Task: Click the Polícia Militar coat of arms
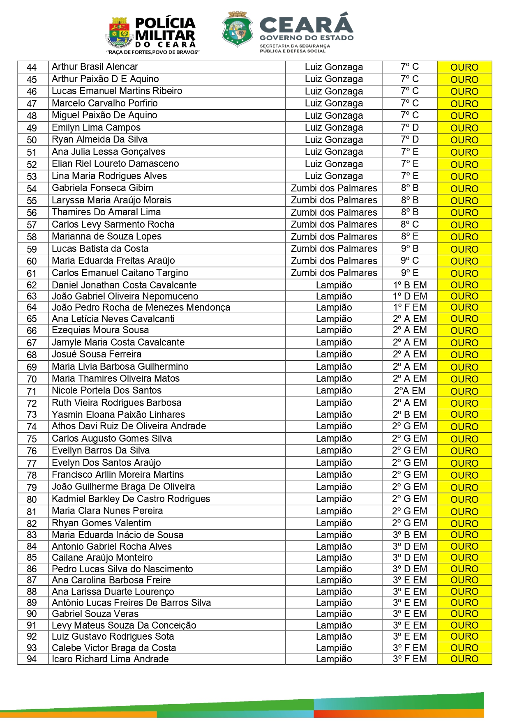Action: [119, 33]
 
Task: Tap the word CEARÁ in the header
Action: [306, 24]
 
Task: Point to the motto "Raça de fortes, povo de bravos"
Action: [153, 52]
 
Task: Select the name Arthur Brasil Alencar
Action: [95, 67]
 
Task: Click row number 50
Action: [32, 140]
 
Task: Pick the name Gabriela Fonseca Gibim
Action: [102, 188]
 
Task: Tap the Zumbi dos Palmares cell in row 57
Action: [334, 225]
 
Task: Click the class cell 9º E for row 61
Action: [409, 273]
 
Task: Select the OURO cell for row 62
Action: [464, 285]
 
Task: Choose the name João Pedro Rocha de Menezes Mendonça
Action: [141, 307]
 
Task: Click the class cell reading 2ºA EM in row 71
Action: [409, 391]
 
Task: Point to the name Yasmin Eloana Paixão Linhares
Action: [118, 415]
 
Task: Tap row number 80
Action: [32, 500]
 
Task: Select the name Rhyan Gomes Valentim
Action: [102, 523]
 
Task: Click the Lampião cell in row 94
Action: [334, 659]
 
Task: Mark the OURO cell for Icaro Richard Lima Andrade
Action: [464, 659]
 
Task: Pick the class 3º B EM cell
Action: [409, 535]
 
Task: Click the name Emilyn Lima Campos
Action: [96, 128]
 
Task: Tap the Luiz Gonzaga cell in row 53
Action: [334, 176]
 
